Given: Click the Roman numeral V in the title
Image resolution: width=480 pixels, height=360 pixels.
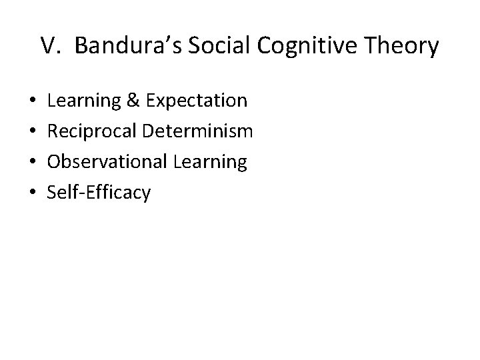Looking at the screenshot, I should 49,46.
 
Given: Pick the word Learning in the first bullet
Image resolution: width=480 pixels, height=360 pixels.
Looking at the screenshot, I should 83,101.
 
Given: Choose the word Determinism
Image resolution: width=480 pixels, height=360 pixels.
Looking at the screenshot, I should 198,132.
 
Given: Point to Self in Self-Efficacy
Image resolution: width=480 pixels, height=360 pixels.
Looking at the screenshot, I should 61,193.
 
